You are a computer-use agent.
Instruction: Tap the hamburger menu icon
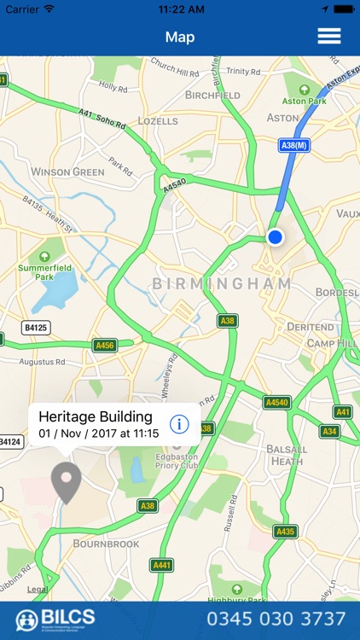click(x=329, y=37)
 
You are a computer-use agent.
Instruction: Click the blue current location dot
click(x=275, y=236)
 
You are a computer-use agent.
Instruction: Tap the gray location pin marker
click(x=66, y=482)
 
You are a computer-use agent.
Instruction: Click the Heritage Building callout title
click(x=96, y=417)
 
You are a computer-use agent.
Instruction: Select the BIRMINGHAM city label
click(x=222, y=283)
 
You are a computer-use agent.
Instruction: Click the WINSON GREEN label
click(x=67, y=172)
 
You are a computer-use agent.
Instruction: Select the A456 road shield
click(x=105, y=345)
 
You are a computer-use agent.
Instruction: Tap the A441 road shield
click(x=161, y=565)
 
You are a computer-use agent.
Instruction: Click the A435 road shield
click(x=286, y=532)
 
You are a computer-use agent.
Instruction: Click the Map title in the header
click(x=180, y=37)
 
